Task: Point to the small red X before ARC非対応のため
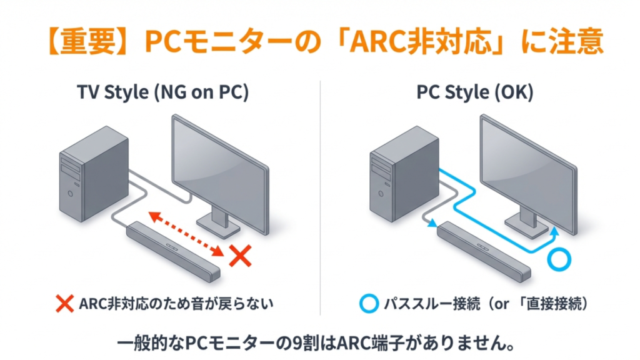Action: point(65,304)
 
